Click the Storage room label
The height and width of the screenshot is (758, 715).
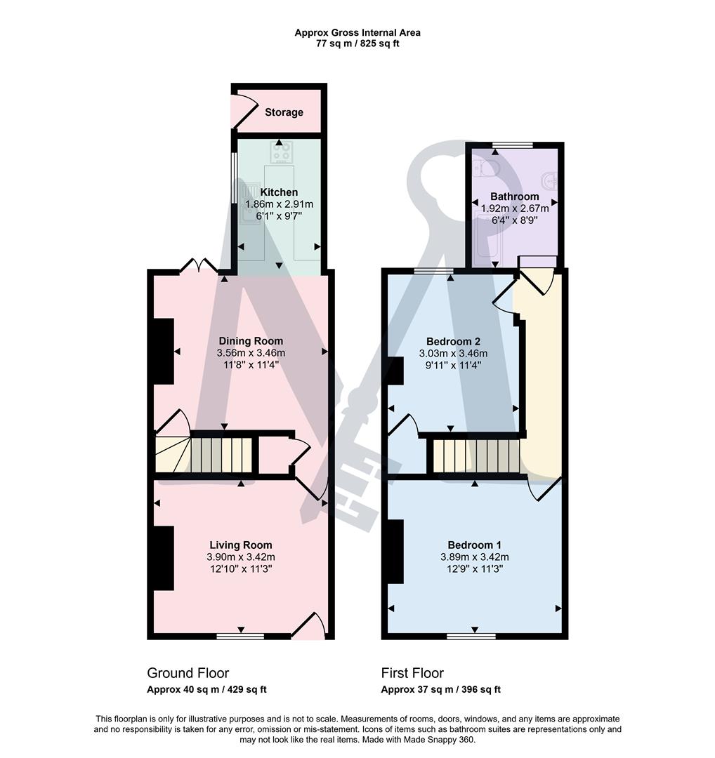click(x=284, y=112)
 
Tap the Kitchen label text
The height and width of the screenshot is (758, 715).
click(x=279, y=192)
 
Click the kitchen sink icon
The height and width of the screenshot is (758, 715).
click(x=247, y=200)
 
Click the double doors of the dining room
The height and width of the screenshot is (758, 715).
click(x=199, y=265)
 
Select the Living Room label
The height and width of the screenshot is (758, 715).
click(x=240, y=545)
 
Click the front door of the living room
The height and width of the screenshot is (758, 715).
click(x=308, y=627)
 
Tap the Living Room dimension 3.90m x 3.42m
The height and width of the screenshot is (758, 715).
click(x=240, y=557)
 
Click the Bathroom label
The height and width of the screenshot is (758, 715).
click(x=514, y=197)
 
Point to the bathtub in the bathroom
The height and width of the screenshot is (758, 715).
click(x=483, y=242)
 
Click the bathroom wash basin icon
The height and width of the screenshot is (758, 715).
click(x=552, y=180)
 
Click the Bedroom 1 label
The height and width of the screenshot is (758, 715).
click(x=475, y=545)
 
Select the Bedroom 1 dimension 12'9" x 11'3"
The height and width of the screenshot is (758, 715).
click(x=475, y=569)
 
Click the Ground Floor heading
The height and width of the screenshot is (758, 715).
click(x=188, y=673)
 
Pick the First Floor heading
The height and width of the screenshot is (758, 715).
click(x=412, y=673)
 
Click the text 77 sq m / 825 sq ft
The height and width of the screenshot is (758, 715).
click(x=357, y=44)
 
